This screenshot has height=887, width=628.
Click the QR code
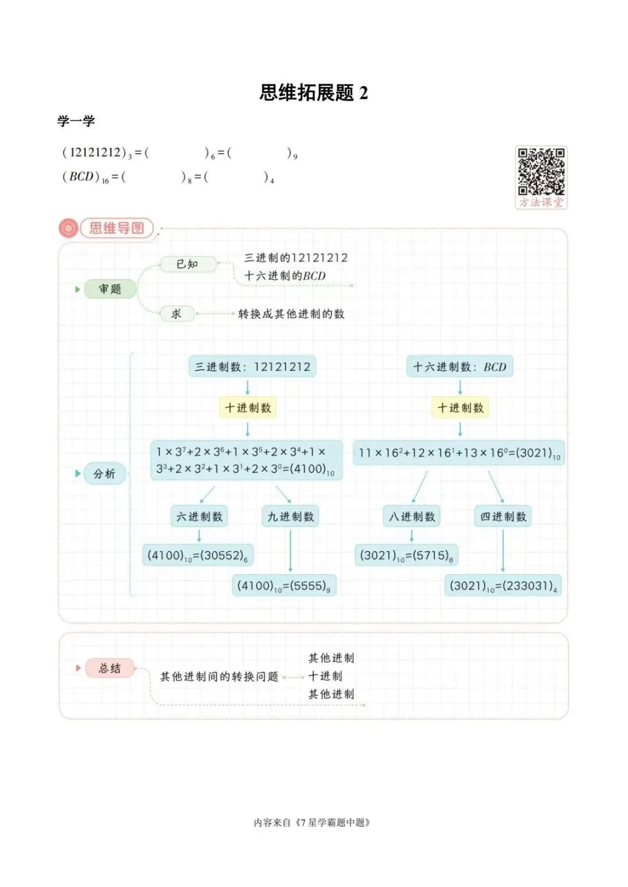click(541, 171)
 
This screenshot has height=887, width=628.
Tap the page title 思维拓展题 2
click(313, 93)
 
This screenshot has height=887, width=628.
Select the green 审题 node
click(110, 289)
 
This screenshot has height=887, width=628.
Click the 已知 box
click(188, 264)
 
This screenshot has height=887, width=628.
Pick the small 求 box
click(177, 314)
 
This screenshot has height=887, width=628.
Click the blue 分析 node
click(105, 473)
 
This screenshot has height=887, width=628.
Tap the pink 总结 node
click(110, 668)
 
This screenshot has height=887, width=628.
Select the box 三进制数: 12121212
click(252, 367)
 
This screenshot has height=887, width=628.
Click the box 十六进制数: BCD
click(460, 367)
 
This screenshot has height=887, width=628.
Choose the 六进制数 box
click(199, 516)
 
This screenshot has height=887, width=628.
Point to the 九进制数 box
click(290, 516)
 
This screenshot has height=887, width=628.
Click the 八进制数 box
click(412, 516)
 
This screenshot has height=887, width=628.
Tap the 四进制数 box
click(503, 516)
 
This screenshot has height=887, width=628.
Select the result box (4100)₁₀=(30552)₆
click(198, 555)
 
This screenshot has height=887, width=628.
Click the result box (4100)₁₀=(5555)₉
click(284, 586)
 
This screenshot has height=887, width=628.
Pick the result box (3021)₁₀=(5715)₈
click(406, 555)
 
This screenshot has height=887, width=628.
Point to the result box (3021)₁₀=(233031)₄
click(503, 586)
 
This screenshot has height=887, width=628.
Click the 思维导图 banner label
click(116, 228)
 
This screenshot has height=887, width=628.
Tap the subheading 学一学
click(76, 121)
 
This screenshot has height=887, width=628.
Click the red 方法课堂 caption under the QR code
click(541, 202)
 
